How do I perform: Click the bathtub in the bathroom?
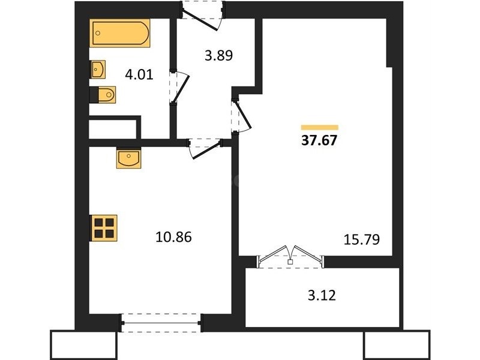click(119, 33)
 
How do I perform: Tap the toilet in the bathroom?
click(103, 95)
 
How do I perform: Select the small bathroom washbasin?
click(97, 70)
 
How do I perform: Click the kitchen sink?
click(128, 159)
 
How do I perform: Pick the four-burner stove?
click(103, 228)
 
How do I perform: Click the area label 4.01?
click(139, 74)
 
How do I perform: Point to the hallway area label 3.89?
click(218, 56)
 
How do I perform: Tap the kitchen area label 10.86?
click(173, 237)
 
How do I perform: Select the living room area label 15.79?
click(362, 239)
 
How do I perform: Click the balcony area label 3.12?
click(322, 296)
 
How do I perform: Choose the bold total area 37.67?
click(319, 140)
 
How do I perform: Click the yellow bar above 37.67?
click(320, 127)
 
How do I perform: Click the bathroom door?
click(181, 88)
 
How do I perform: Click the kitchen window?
click(161, 323)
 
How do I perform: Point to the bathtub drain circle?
click(98, 33)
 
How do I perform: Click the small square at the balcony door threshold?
click(290, 262)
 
